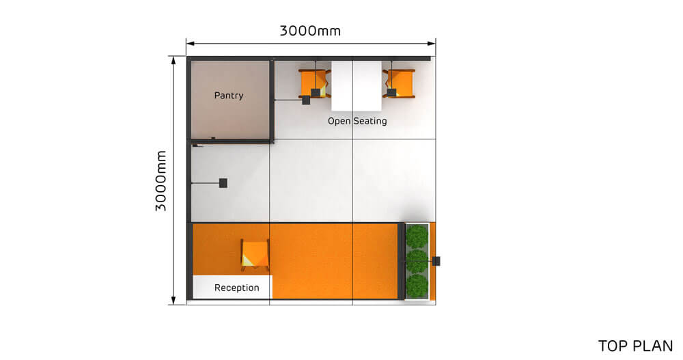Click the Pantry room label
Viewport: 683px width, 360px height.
click(x=228, y=96)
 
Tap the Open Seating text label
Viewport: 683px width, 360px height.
click(x=357, y=121)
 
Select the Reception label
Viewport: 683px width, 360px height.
click(x=237, y=288)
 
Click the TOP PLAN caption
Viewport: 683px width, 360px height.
click(x=635, y=346)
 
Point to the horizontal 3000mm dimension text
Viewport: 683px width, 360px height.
click(x=310, y=31)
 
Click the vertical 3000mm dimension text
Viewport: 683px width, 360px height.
click(x=162, y=180)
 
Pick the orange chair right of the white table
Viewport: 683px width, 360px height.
click(x=400, y=83)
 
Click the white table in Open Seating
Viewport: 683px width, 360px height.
click(x=357, y=85)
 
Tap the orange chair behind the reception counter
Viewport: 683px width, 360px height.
click(x=255, y=253)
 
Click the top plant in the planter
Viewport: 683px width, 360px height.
click(x=417, y=236)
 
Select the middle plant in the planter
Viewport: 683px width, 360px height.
click(x=417, y=260)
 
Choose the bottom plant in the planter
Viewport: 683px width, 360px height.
click(x=417, y=284)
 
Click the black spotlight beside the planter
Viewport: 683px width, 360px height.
click(x=436, y=261)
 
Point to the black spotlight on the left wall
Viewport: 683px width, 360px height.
click(x=223, y=183)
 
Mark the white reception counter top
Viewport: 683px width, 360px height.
click(x=232, y=287)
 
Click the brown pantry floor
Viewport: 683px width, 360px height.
click(x=229, y=116)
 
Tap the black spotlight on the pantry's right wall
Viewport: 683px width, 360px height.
click(x=306, y=100)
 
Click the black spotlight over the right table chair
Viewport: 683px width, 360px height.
click(x=391, y=92)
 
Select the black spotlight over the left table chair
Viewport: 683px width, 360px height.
click(x=316, y=92)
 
